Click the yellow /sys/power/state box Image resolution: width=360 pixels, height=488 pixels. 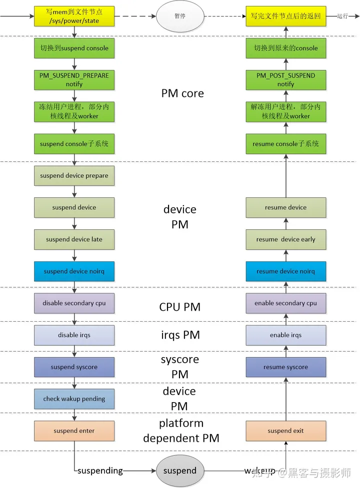(x=74, y=16)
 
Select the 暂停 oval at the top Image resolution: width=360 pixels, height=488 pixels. (x=180, y=16)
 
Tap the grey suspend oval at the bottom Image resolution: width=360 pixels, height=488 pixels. (x=180, y=471)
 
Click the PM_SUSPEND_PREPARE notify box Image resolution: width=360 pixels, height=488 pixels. (x=74, y=80)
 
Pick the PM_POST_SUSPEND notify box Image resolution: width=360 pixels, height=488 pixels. (x=285, y=80)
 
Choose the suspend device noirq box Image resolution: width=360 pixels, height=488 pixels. (x=74, y=271)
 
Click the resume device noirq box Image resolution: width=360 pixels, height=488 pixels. (x=285, y=271)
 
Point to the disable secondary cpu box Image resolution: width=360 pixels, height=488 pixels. (x=74, y=303)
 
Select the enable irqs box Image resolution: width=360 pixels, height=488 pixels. (x=285, y=335)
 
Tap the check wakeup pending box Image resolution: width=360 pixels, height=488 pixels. (x=74, y=399)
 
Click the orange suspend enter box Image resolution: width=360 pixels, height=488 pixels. (x=74, y=431)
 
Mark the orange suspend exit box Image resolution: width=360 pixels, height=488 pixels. (x=285, y=431)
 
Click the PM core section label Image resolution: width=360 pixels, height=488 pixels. (x=182, y=94)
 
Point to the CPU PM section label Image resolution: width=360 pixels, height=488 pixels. (x=180, y=307)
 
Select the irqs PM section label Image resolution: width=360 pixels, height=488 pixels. (x=180, y=335)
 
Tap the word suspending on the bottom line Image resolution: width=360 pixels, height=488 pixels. (x=100, y=471)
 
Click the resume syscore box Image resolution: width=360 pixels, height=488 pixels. (x=285, y=367)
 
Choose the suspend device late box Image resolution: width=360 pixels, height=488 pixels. (x=74, y=239)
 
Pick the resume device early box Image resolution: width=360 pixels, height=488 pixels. (x=285, y=239)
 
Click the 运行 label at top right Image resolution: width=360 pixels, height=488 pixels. (x=342, y=16)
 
